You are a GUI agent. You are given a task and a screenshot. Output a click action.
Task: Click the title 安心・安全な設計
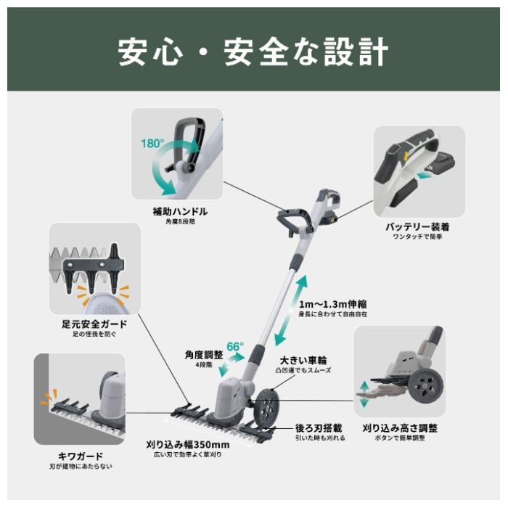253,52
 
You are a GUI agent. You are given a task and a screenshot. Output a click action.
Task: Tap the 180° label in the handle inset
152,143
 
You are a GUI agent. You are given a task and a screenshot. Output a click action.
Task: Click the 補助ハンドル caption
180,212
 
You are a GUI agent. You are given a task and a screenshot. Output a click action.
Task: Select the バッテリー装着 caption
417,226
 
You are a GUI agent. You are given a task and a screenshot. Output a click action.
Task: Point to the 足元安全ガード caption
94,324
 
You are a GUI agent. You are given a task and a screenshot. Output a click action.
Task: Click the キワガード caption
81,456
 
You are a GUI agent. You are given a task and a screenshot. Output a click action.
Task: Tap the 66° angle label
235,346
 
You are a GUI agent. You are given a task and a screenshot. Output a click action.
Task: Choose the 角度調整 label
204,355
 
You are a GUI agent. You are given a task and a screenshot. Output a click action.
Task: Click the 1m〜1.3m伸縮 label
332,304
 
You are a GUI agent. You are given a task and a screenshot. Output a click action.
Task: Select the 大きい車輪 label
303,360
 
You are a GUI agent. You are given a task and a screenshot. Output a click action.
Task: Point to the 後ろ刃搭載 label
319,428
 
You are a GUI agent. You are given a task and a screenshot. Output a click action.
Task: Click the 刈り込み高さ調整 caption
400,428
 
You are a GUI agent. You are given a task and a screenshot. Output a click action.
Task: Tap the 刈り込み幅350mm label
188,444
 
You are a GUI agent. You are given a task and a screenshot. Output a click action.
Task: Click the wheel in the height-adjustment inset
425,385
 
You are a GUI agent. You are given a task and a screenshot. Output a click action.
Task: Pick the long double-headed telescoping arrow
290,310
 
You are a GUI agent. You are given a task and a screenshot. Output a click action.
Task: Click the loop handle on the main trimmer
294,221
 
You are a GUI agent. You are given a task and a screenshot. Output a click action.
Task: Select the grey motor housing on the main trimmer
231,397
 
